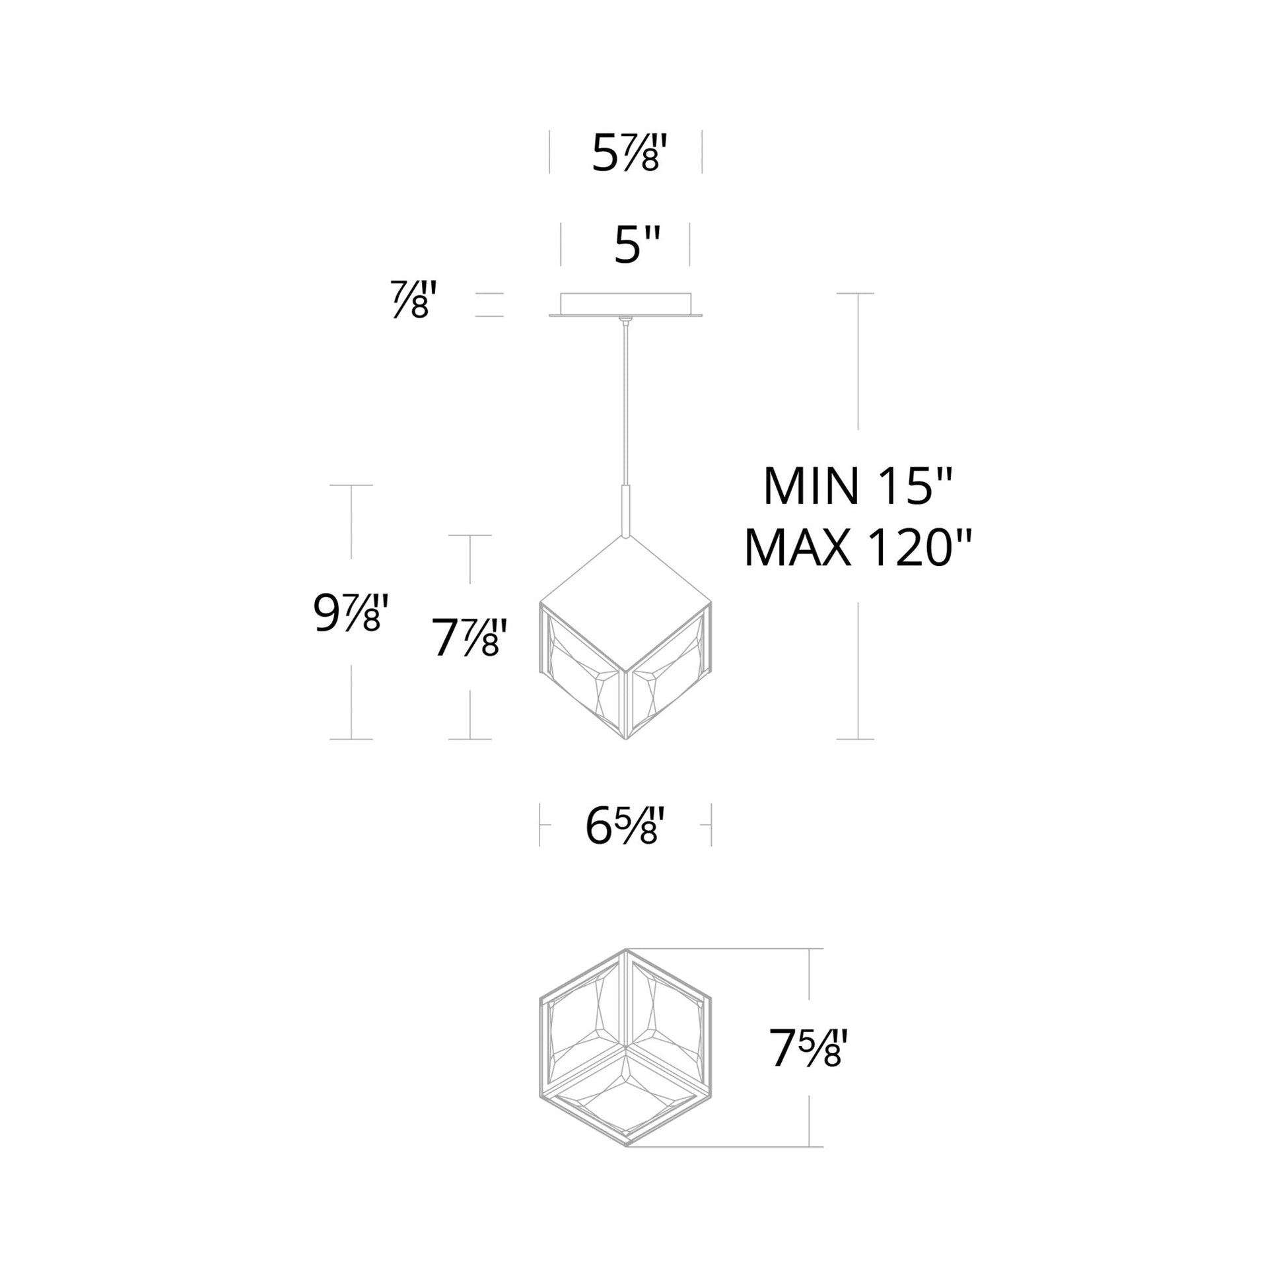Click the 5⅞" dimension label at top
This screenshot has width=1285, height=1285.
628,155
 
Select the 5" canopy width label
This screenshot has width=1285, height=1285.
637,246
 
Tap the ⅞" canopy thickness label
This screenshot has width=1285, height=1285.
413,300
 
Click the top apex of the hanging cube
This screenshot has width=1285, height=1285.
625,538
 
